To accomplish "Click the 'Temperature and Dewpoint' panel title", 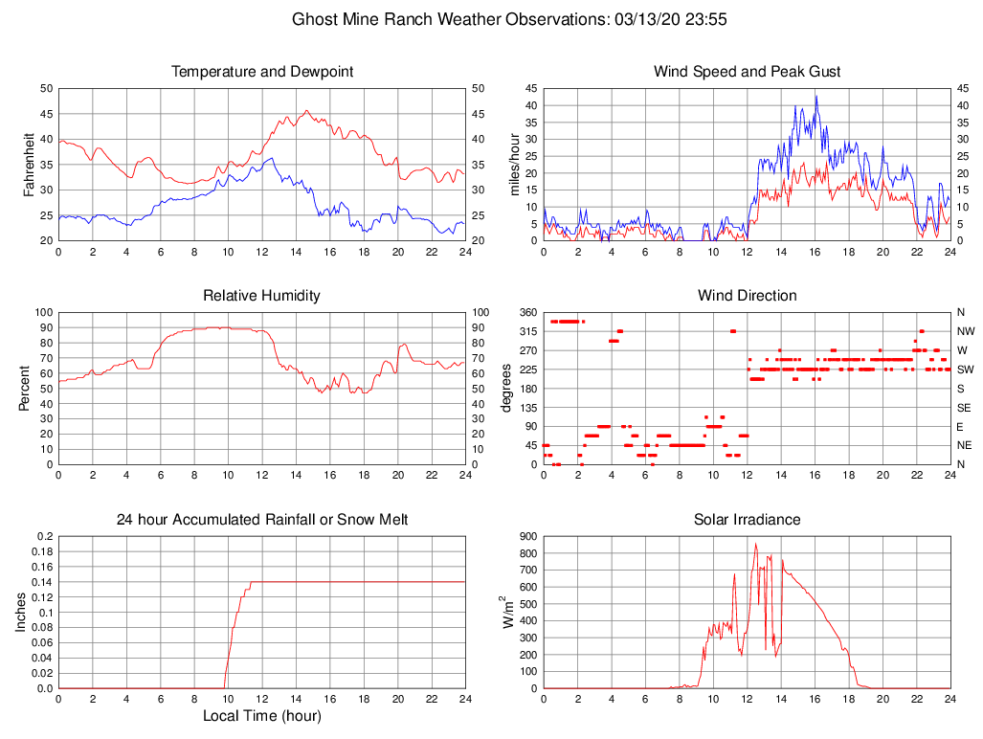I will click(261, 72).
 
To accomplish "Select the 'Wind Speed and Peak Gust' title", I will click(747, 72).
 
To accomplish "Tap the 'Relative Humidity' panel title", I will click(261, 296).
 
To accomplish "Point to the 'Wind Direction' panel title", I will click(747, 296).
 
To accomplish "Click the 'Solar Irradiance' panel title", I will click(747, 520).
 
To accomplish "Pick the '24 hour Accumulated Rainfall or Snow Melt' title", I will click(261, 520).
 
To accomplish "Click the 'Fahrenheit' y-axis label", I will click(30, 165).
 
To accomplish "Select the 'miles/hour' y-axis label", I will click(515, 165).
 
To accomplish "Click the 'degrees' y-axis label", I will click(507, 389).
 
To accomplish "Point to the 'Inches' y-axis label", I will click(21, 613).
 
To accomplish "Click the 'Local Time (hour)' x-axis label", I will click(261, 716).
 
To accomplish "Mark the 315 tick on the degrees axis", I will click(528, 331).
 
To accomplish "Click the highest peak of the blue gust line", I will click(816, 95).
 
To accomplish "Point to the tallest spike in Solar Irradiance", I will click(755, 544).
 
